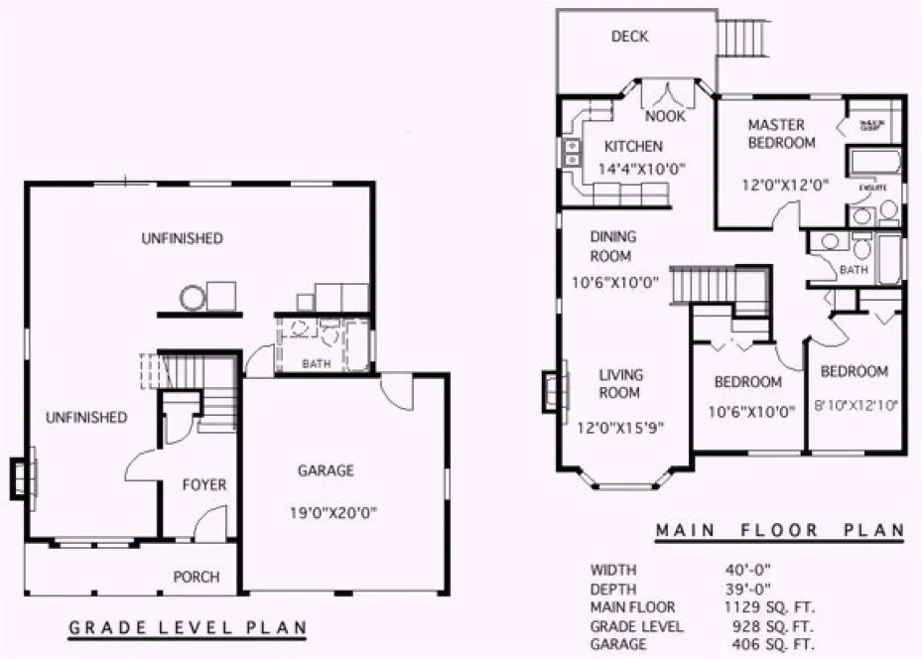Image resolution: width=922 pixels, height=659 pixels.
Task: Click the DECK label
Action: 629,37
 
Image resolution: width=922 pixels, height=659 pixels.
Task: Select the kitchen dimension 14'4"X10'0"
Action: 632,169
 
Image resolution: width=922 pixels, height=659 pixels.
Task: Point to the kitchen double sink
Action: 573,152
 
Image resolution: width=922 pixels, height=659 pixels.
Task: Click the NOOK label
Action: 672,116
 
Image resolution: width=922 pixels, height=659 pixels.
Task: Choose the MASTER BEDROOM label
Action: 782,134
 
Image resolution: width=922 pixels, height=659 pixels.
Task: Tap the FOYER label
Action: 204,485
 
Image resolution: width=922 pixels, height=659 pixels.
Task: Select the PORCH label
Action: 197,577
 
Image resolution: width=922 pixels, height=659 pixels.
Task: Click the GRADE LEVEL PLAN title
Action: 187,628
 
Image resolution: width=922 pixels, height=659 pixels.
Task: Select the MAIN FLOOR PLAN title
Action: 779,531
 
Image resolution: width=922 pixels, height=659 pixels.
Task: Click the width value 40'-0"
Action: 748,570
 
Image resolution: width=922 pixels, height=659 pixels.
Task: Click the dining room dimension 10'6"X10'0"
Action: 615,282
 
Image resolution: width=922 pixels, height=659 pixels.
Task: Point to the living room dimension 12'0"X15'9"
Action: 621,428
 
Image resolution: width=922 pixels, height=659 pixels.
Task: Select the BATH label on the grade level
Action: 316,364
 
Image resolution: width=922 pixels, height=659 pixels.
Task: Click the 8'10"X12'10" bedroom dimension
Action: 856,404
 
